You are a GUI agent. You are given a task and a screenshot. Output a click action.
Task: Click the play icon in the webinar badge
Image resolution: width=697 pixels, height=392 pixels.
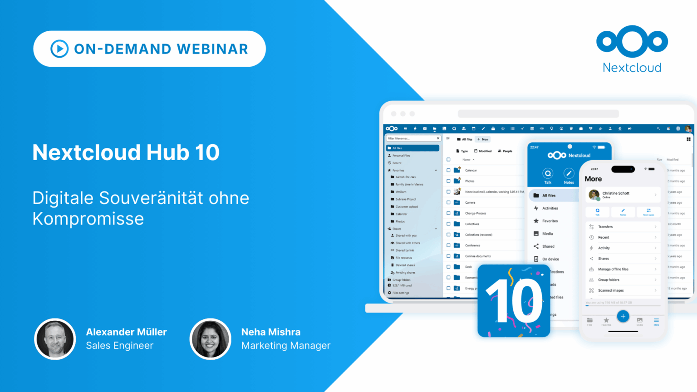click(x=59, y=49)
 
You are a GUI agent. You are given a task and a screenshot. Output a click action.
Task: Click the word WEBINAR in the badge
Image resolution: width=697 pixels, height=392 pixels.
click(x=212, y=49)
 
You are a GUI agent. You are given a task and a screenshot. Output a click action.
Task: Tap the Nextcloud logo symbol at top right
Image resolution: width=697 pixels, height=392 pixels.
click(x=632, y=41)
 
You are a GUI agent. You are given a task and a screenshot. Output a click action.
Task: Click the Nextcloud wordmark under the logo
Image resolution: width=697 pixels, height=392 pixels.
click(x=632, y=68)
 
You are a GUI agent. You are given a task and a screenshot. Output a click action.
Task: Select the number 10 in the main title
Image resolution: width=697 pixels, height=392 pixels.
click(x=207, y=152)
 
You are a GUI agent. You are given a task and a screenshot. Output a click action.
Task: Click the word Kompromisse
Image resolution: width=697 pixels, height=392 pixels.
click(x=88, y=219)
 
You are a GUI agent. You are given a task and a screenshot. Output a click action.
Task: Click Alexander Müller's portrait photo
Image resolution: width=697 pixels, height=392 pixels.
click(x=55, y=339)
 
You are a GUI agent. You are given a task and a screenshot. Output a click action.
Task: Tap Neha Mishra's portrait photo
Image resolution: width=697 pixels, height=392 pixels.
click(x=211, y=339)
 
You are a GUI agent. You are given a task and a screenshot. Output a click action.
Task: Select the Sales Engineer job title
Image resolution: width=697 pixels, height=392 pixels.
click(x=120, y=346)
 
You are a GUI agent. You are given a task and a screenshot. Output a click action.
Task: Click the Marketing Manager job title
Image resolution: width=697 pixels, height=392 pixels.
click(x=286, y=346)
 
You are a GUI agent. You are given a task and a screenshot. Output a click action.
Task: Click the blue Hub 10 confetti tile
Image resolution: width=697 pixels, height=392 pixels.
click(x=514, y=301)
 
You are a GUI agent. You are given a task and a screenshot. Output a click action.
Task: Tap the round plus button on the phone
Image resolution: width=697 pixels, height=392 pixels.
click(x=623, y=316)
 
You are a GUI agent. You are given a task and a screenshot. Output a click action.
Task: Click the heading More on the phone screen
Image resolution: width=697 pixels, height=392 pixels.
click(x=593, y=179)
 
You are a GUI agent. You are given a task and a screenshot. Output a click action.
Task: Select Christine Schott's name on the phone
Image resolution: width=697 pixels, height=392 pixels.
click(x=616, y=193)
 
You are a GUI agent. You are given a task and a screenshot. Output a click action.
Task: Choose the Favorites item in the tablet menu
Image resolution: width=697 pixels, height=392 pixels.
click(x=550, y=221)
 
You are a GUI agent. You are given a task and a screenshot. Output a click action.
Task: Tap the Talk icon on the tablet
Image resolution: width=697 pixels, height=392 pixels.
click(x=548, y=174)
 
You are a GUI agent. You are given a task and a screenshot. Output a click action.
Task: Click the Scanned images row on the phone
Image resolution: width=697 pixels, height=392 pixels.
click(x=611, y=290)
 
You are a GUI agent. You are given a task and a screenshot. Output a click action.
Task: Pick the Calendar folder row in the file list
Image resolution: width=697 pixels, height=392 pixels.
click(x=471, y=170)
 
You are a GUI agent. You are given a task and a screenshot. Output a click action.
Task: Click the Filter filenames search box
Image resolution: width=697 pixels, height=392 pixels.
click(x=411, y=138)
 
